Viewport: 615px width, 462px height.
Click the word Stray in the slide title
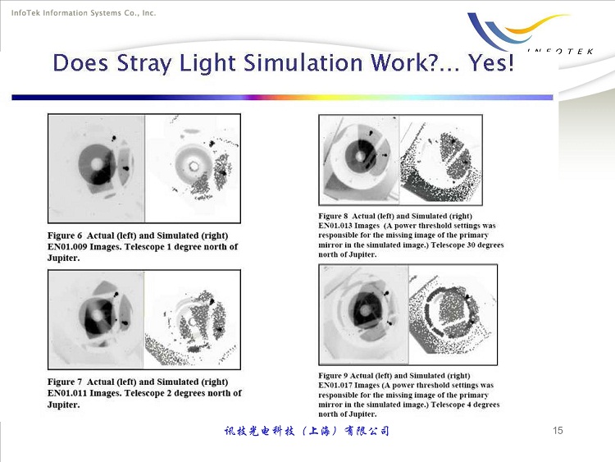click(144, 63)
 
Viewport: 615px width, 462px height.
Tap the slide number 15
click(558, 431)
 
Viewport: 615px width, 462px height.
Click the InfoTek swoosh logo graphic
click(517, 30)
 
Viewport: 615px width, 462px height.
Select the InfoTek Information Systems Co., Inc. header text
click(84, 13)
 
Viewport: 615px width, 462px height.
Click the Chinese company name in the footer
click(307, 431)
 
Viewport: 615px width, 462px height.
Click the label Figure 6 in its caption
click(65, 236)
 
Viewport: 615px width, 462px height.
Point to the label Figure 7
click(65, 382)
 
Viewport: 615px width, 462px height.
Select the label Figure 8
click(333, 216)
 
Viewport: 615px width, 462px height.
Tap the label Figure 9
click(333, 376)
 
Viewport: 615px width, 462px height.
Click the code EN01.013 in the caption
click(335, 226)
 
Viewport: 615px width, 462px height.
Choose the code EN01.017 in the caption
click(335, 385)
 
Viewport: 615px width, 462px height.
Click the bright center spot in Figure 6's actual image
click(97, 163)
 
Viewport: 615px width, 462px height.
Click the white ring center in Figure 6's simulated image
click(194, 166)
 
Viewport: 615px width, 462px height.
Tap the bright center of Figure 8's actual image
click(361, 156)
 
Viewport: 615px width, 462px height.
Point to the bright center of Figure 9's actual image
click(366, 311)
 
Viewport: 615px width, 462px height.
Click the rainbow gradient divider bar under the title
click(282, 97)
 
